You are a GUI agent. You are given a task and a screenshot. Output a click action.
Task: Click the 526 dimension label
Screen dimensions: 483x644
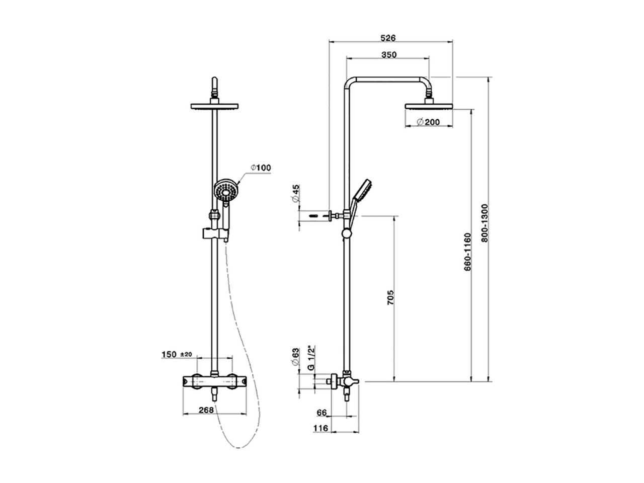(388, 38)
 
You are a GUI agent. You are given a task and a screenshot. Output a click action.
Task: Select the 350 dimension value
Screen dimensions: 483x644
(388, 55)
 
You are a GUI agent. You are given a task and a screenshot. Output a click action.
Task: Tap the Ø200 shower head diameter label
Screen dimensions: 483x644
(428, 122)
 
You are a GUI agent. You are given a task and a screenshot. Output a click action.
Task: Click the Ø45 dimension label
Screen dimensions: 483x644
(296, 193)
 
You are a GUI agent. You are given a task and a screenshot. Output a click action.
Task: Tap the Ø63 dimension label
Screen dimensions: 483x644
(296, 357)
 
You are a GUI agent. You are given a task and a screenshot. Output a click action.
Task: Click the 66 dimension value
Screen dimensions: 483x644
(322, 413)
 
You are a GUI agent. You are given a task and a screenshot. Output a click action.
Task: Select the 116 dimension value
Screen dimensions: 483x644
(320, 428)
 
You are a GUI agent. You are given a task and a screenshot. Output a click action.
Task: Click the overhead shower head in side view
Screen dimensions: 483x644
(429, 106)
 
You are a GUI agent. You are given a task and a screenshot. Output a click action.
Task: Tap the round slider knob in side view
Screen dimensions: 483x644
(346, 233)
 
